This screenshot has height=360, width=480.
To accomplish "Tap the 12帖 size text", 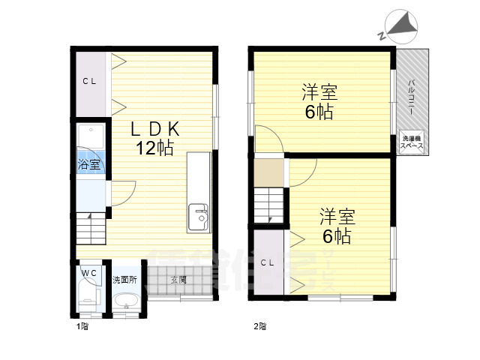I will point(155,148).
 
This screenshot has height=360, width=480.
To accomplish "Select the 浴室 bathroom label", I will point(90,164).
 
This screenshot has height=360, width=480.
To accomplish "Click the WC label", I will point(88,272).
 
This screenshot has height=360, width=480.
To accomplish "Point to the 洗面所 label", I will point(124,279).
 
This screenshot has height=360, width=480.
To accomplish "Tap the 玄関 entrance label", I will point(178,279).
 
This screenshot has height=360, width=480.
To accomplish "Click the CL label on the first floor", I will point(89,82).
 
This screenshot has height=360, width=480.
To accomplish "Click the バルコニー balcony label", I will point(412,97).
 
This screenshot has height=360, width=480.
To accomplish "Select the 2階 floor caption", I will point(259,326).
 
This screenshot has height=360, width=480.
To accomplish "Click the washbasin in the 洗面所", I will point(125,302).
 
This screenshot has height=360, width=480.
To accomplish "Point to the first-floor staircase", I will point(91,227).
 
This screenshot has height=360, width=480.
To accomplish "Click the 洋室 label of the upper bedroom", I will point(319,94).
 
